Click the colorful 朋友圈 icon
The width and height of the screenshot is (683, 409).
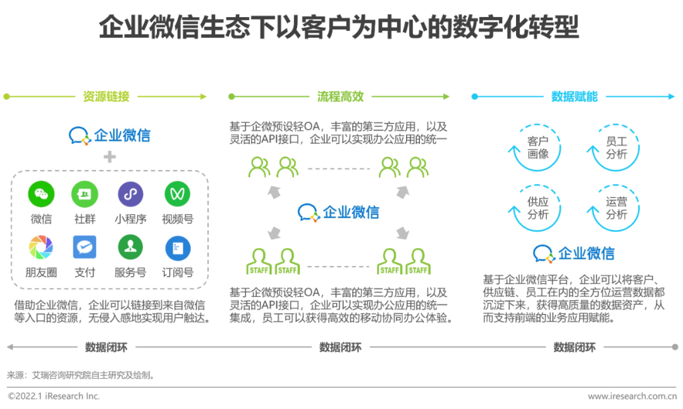coord(41,247)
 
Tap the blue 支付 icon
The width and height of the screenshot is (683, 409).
coord(84,247)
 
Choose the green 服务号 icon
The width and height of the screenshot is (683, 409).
coord(130,247)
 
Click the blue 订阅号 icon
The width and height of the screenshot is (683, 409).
coord(177,248)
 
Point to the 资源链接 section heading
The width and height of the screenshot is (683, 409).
coord(106,97)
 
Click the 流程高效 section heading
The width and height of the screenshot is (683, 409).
coord(340,97)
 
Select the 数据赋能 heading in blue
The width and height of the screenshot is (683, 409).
coord(574,97)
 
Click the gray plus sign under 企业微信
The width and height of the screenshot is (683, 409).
coord(110,156)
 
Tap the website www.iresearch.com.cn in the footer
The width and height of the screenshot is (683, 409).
coord(632,396)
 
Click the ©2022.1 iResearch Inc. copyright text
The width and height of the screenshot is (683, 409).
coord(54,396)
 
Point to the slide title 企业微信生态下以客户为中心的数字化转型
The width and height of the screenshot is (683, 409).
coord(339,28)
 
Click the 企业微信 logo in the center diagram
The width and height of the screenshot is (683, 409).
coord(339,212)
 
